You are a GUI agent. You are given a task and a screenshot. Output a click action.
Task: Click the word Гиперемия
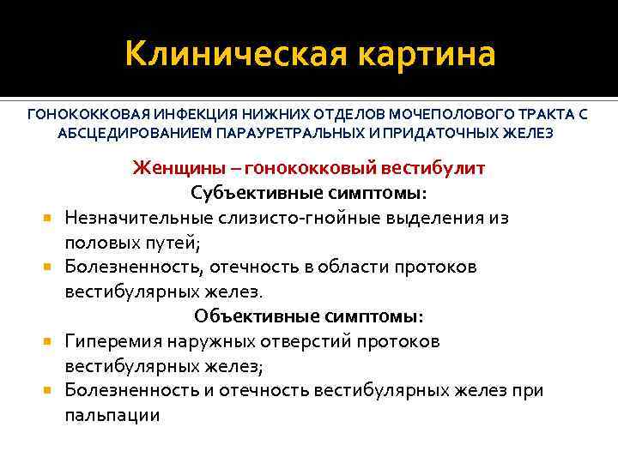pyautogui.click(x=112, y=341)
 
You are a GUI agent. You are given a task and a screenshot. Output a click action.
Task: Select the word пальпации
pyautogui.click(x=112, y=416)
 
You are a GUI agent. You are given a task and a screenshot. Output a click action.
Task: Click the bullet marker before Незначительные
pyautogui.click(x=51, y=218)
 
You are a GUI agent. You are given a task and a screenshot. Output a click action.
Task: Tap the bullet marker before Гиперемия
pyautogui.click(x=51, y=341)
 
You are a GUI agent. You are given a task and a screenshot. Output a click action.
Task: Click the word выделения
pyautogui.click(x=431, y=218)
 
